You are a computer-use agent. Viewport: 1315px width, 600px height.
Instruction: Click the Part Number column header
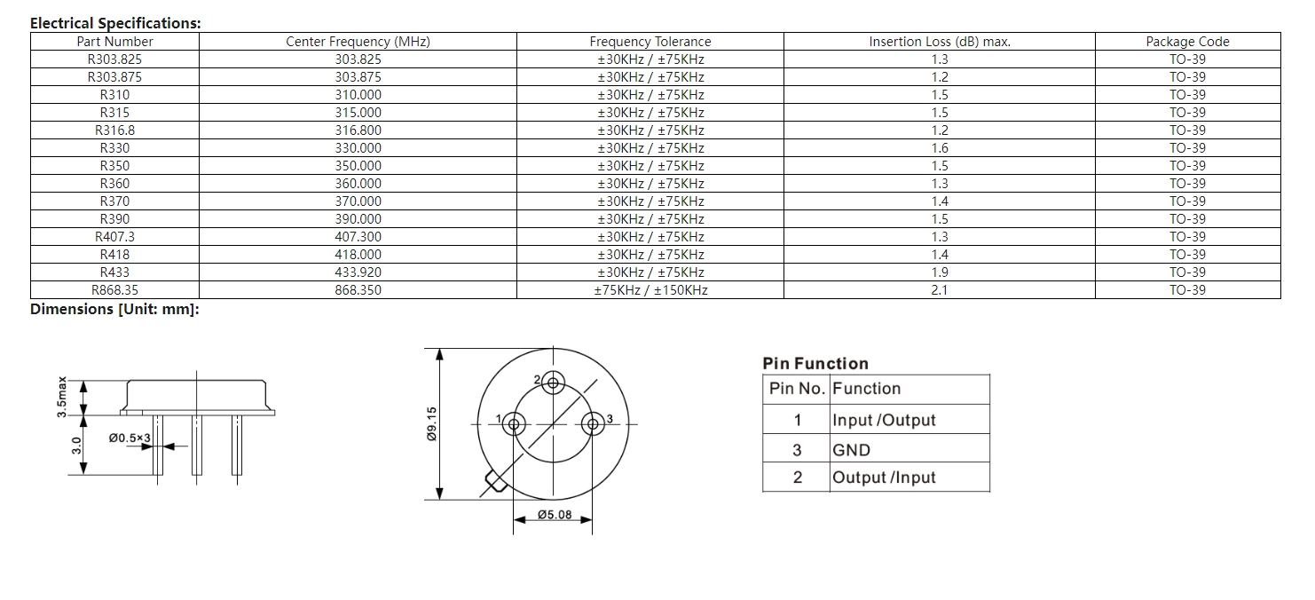[114, 42]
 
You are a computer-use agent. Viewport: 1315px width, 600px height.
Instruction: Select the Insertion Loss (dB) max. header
[940, 42]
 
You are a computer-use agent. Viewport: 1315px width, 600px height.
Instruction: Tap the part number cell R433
[114, 272]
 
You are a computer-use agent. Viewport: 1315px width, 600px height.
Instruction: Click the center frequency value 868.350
[358, 290]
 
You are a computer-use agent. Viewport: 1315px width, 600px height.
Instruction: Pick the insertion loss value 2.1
[940, 290]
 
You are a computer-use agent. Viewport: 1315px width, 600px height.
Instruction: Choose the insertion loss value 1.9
[940, 272]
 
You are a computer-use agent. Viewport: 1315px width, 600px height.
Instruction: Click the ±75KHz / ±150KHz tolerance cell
[650, 290]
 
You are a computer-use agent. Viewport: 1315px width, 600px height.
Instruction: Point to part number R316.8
[114, 130]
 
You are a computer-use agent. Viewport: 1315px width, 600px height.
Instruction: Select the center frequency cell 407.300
[358, 237]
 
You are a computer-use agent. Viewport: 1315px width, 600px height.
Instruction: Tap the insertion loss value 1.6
[940, 148]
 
